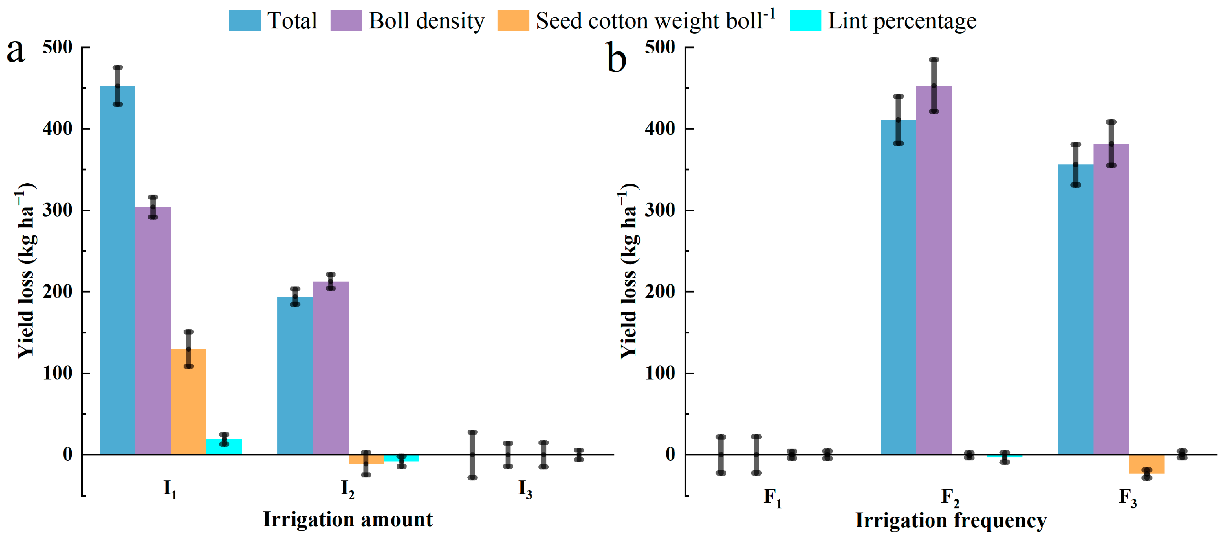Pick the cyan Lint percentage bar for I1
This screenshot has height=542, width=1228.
[224, 447]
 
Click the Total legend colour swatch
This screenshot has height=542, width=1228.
[244, 20]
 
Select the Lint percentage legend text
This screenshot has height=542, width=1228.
[902, 21]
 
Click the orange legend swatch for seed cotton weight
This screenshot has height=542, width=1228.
[513, 20]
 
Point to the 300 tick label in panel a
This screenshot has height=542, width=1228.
[57, 210]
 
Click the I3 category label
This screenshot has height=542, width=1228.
[525, 489]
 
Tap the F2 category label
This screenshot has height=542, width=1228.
[950, 497]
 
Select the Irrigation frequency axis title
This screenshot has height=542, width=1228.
[951, 520]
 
